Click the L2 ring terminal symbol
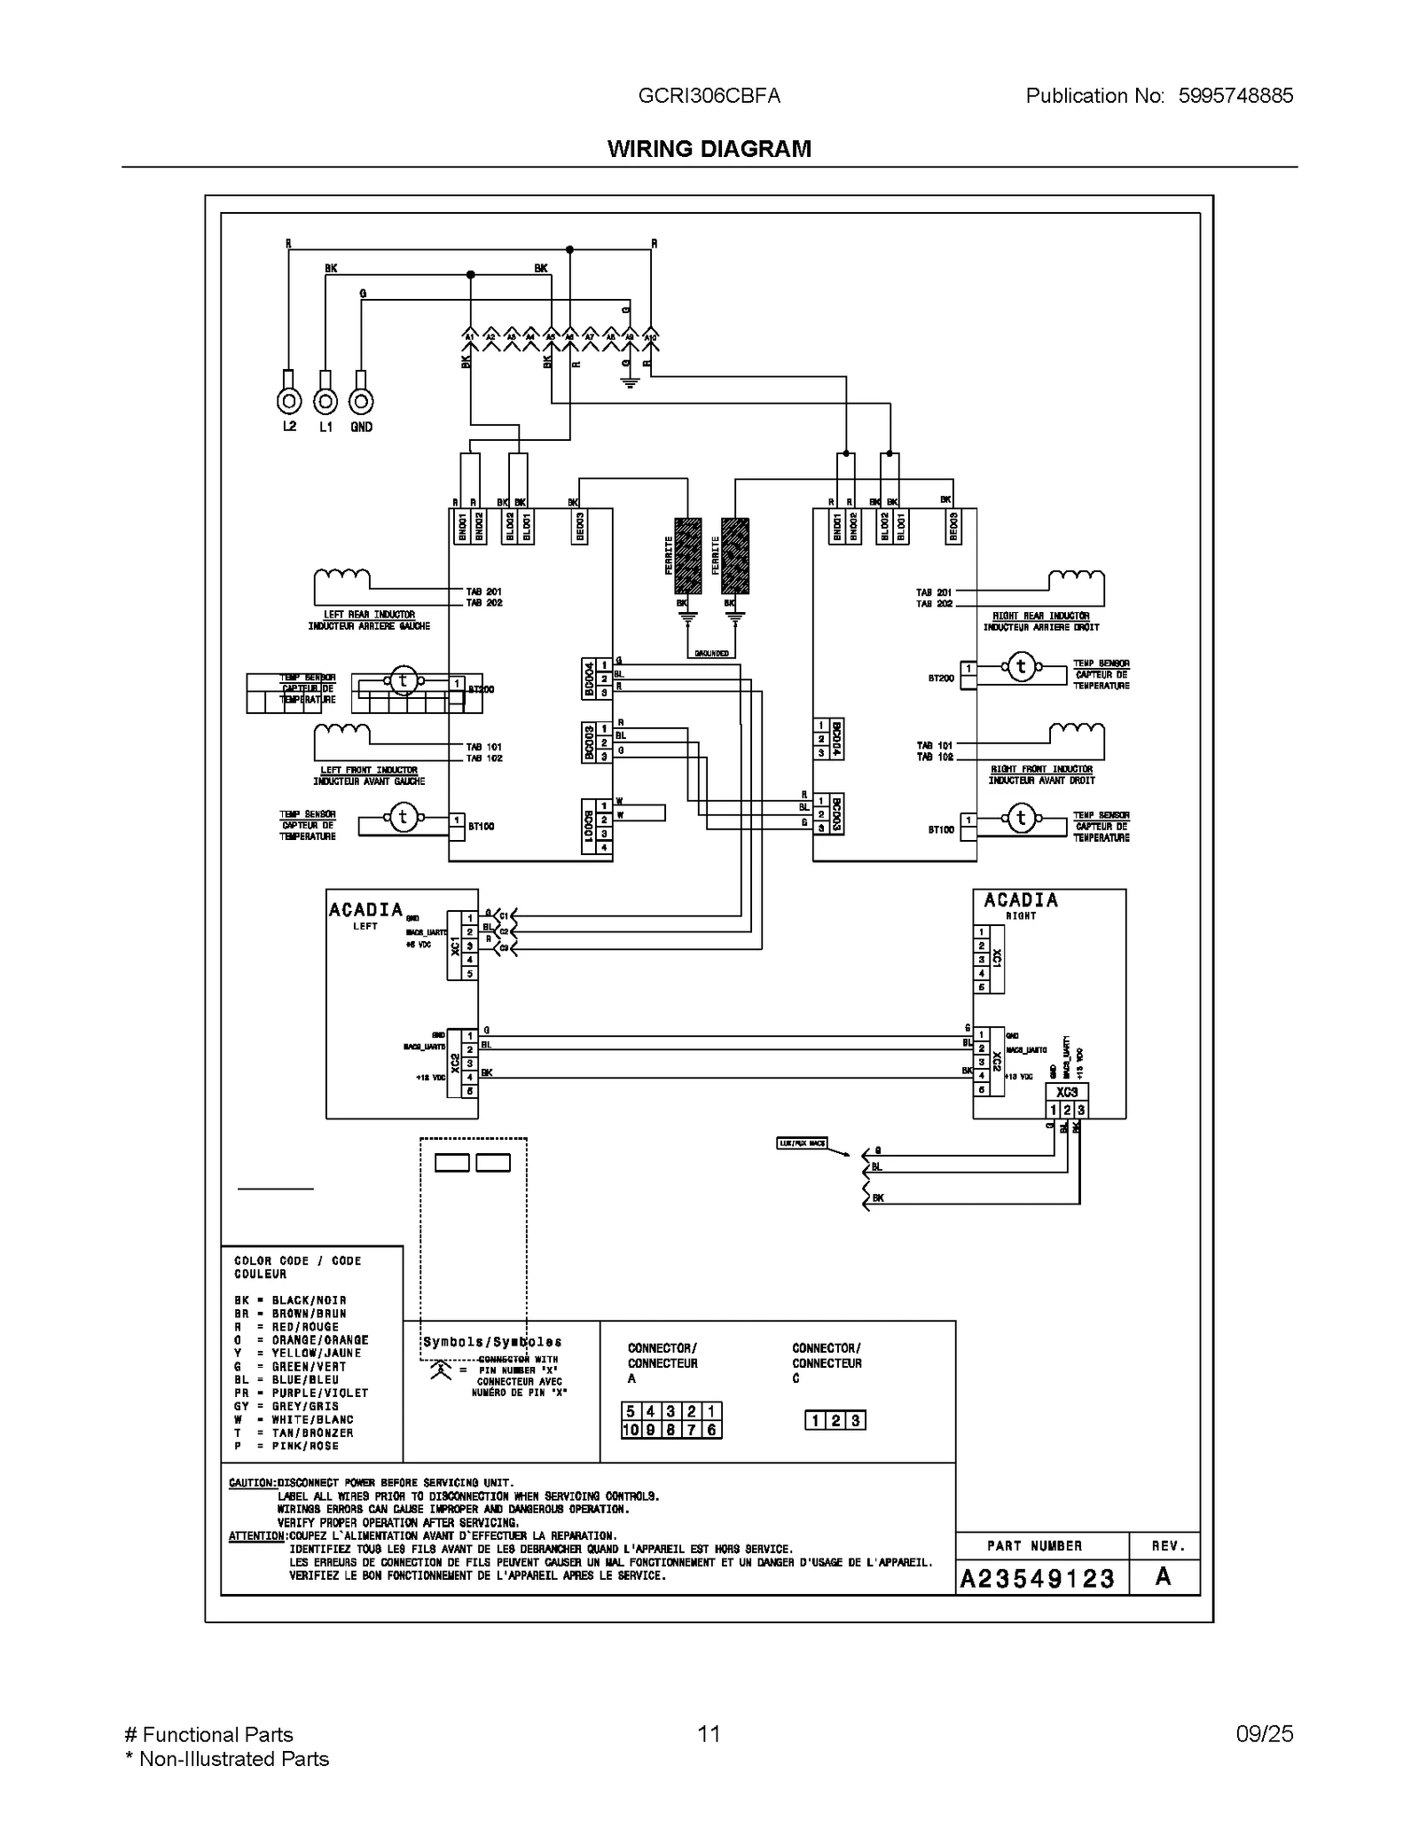click(x=289, y=402)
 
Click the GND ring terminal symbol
click(x=361, y=402)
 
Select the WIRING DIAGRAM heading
click(x=709, y=149)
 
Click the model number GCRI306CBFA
click(x=709, y=96)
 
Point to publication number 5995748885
click(x=1235, y=96)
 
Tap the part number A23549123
click(x=1037, y=1578)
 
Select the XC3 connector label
click(x=1067, y=1093)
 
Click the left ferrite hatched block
click(x=688, y=556)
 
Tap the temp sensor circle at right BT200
click(x=1021, y=667)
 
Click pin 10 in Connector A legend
click(x=631, y=1430)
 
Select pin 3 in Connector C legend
click(x=855, y=1421)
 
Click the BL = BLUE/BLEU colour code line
click(x=286, y=1380)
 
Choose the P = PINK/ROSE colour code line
click(x=286, y=1446)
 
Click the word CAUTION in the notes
click(x=252, y=1482)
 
